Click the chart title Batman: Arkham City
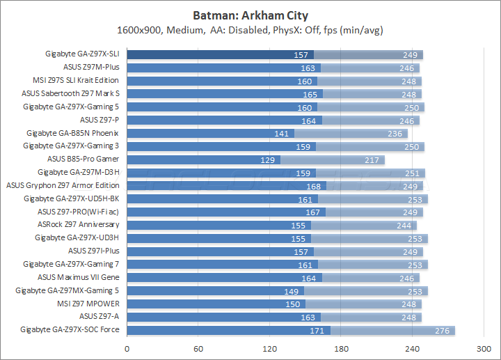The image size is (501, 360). (250, 15)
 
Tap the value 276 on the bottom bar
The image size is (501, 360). (442, 330)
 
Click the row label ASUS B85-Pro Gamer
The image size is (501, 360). (83, 159)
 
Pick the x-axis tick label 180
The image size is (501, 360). (341, 349)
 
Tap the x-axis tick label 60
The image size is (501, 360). (198, 349)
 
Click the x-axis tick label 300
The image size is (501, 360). (484, 349)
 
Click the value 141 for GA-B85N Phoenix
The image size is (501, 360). (282, 133)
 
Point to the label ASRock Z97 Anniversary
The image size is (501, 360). (78, 224)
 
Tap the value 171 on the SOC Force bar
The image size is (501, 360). (317, 330)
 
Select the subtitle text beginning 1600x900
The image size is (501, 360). (250, 30)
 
